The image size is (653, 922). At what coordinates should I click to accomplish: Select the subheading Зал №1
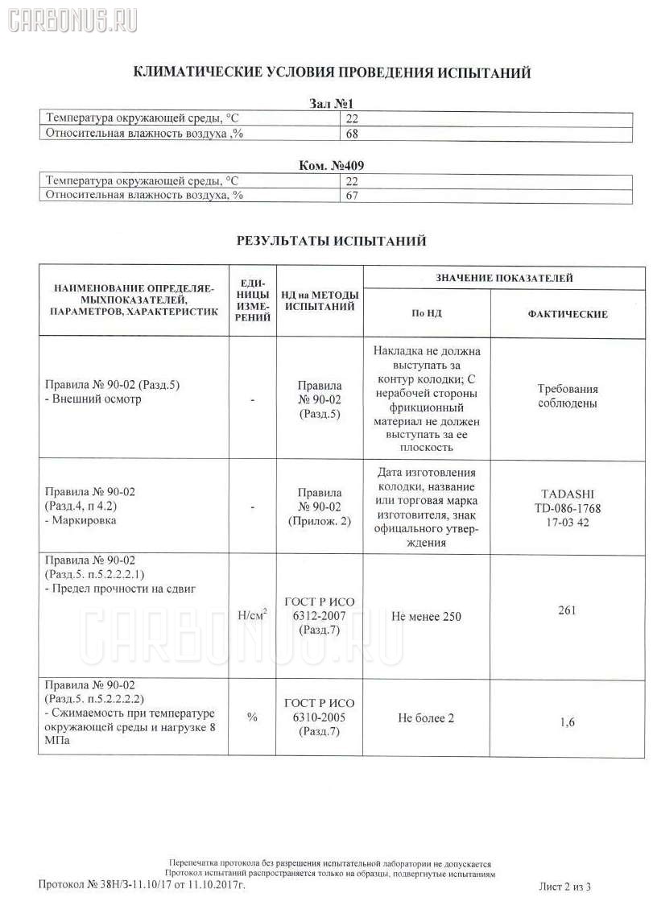tap(331, 104)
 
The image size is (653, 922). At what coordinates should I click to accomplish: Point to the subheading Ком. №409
tap(331, 166)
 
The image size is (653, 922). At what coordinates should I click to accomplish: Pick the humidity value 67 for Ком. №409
tap(352, 195)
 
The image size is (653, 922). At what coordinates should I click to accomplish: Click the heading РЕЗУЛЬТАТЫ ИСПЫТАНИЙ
tap(331, 241)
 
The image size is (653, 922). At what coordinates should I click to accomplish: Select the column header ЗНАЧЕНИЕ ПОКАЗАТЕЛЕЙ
tap(504, 278)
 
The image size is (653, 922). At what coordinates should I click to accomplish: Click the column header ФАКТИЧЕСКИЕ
tap(567, 314)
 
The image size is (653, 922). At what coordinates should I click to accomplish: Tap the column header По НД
tap(427, 314)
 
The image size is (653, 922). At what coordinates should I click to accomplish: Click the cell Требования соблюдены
tap(567, 396)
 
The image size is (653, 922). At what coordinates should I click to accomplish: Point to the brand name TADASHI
tap(567, 495)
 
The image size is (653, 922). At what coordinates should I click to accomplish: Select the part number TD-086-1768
tap(567, 508)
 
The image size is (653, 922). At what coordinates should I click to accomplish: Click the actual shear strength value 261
tap(567, 610)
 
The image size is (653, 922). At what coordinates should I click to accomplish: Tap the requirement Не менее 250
tap(427, 617)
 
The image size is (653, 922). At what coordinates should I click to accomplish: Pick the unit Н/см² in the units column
tap(252, 617)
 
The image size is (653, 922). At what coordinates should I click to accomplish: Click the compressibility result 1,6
tap(567, 722)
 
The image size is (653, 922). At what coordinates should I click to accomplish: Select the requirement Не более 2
tap(427, 717)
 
